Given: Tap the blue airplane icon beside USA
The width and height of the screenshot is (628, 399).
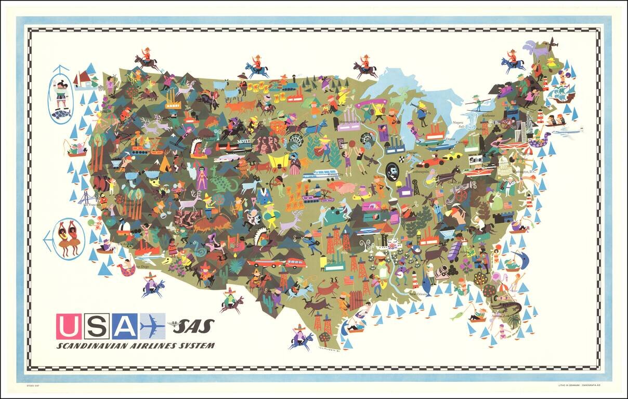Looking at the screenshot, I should point(152,326).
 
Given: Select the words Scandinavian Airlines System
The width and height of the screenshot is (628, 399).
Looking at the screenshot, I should point(135,345).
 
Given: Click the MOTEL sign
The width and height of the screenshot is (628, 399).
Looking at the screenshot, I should point(244,141).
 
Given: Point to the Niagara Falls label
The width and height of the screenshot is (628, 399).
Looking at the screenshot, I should point(458,124).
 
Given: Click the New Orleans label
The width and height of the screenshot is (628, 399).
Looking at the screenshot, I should point(419,294).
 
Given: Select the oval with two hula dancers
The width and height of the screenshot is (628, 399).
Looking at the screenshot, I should point(68,238).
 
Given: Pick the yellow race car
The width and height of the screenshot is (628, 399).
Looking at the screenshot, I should point(452,155).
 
